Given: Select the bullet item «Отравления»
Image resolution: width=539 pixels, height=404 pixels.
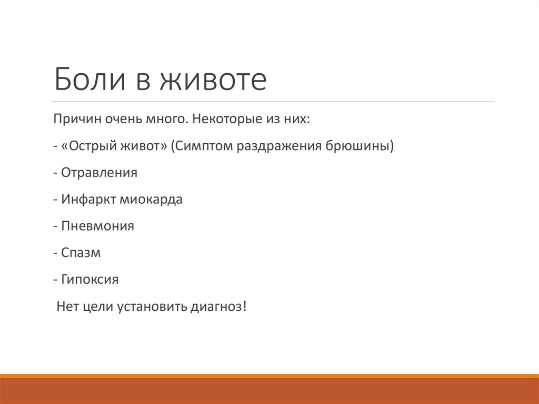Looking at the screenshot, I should [x=99, y=173].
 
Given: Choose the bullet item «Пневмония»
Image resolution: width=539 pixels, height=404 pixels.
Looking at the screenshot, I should [x=97, y=226].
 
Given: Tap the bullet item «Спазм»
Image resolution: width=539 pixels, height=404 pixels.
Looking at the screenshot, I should [x=81, y=253].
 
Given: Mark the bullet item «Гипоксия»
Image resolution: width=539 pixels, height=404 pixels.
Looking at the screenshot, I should [x=89, y=280].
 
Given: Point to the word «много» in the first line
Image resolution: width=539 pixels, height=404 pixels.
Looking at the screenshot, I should [x=161, y=119].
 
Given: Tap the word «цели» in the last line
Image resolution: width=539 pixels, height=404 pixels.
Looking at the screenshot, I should [x=95, y=307].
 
